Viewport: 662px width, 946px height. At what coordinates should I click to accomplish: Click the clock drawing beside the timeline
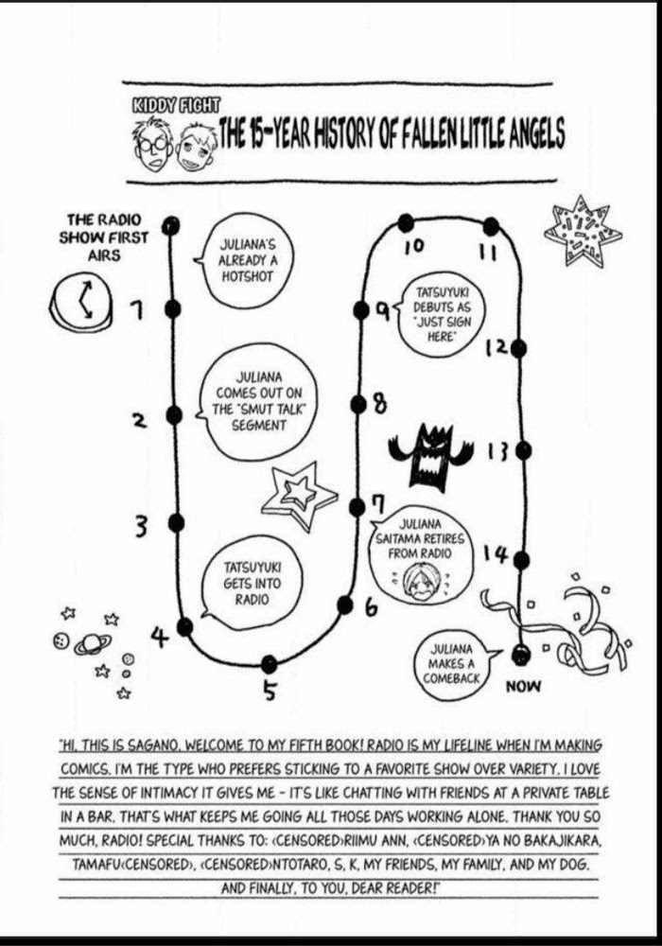[80, 300]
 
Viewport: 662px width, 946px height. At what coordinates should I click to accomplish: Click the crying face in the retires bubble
[413, 581]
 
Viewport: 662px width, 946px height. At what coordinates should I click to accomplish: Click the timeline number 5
[270, 692]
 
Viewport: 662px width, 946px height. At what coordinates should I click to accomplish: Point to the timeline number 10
[413, 247]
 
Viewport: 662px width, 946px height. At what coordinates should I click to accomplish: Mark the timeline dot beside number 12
[518, 348]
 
